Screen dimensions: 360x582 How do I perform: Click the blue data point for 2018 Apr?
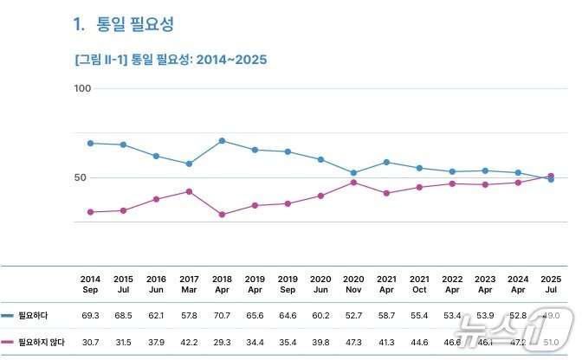pyautogui.click(x=222, y=140)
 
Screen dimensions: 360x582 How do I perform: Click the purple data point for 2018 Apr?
pyautogui.click(x=222, y=214)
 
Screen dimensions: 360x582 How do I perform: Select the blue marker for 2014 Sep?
pyautogui.click(x=90, y=143)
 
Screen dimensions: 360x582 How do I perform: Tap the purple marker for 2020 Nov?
pyautogui.click(x=353, y=182)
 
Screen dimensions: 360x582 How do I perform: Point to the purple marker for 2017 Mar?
pyautogui.click(x=189, y=191)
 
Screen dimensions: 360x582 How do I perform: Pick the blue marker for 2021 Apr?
pyautogui.click(x=386, y=162)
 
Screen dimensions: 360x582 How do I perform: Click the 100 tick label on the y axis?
pyautogui.click(x=83, y=88)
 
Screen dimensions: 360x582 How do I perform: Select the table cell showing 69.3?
pyautogui.click(x=90, y=316)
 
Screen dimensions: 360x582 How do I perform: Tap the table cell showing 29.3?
pyautogui.click(x=222, y=343)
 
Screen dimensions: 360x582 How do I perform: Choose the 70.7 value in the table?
pyautogui.click(x=222, y=316)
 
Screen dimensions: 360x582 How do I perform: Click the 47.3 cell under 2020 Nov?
pyautogui.click(x=353, y=343)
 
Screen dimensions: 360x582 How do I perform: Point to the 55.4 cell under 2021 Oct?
pyautogui.click(x=419, y=316)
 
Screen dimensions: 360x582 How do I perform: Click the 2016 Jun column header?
pyautogui.click(x=156, y=284)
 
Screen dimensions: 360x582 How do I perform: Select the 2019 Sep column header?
pyautogui.click(x=288, y=284)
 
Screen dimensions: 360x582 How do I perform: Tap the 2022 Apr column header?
pyautogui.click(x=452, y=284)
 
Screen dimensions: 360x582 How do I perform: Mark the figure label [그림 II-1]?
pyautogui.click(x=100, y=60)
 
